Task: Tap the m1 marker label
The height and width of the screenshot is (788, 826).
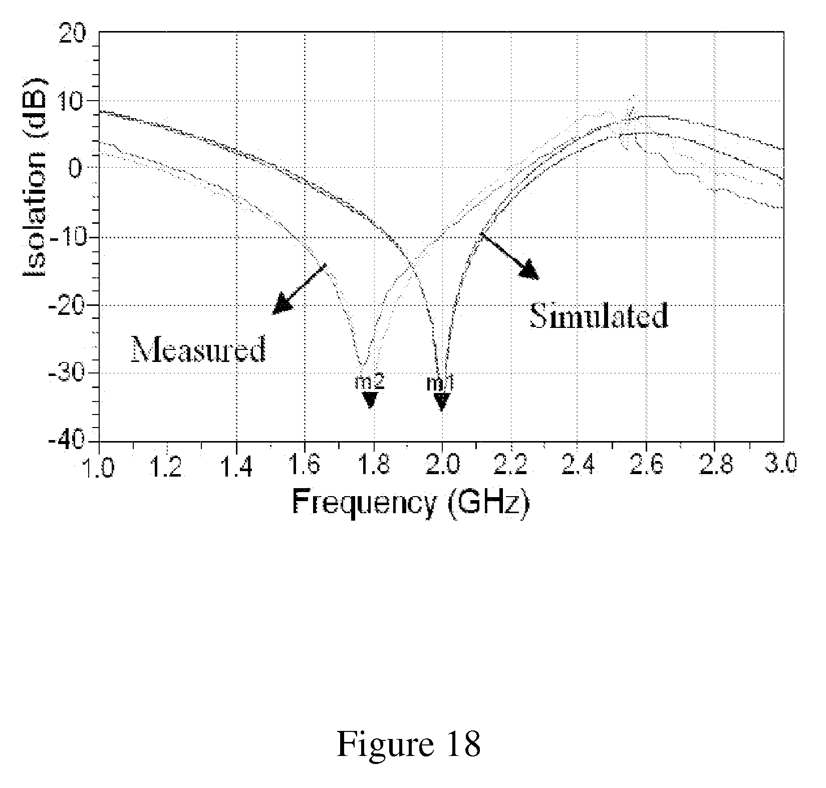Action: click(x=440, y=384)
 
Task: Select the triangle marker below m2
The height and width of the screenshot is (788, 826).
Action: click(x=370, y=400)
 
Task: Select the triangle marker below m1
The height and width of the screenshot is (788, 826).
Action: click(x=441, y=402)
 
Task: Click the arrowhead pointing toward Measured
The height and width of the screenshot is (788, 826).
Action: click(x=281, y=305)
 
